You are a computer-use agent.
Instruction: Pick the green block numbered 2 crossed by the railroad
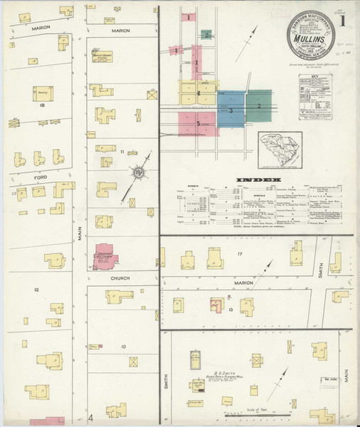260,106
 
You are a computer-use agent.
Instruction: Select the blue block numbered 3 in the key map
231,111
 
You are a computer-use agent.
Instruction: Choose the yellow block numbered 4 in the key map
198,93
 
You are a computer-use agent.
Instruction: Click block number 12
36,290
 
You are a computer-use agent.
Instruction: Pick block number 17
240,254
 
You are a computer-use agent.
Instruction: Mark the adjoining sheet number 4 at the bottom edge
90,417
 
